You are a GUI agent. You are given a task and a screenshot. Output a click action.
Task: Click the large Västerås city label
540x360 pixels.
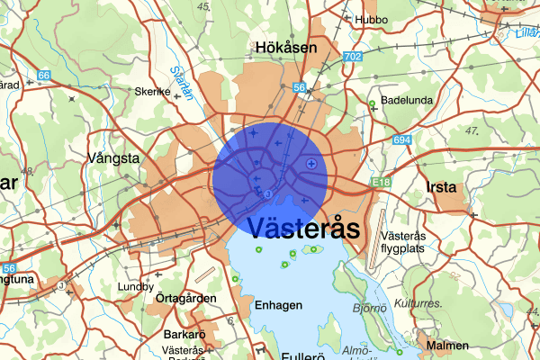(x=302, y=228)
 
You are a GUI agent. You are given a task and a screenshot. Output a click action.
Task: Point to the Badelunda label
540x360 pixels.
(x=408, y=101)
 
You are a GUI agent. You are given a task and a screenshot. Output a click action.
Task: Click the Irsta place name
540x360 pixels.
(x=441, y=188)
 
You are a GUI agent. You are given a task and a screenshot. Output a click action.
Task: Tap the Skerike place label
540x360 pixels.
(x=152, y=91)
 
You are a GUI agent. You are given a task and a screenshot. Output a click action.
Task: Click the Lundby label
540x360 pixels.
(x=136, y=287)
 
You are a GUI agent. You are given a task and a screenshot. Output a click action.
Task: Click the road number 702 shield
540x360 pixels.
(x=353, y=57)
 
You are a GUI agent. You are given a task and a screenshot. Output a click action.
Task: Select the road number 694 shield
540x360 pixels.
(x=401, y=140)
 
